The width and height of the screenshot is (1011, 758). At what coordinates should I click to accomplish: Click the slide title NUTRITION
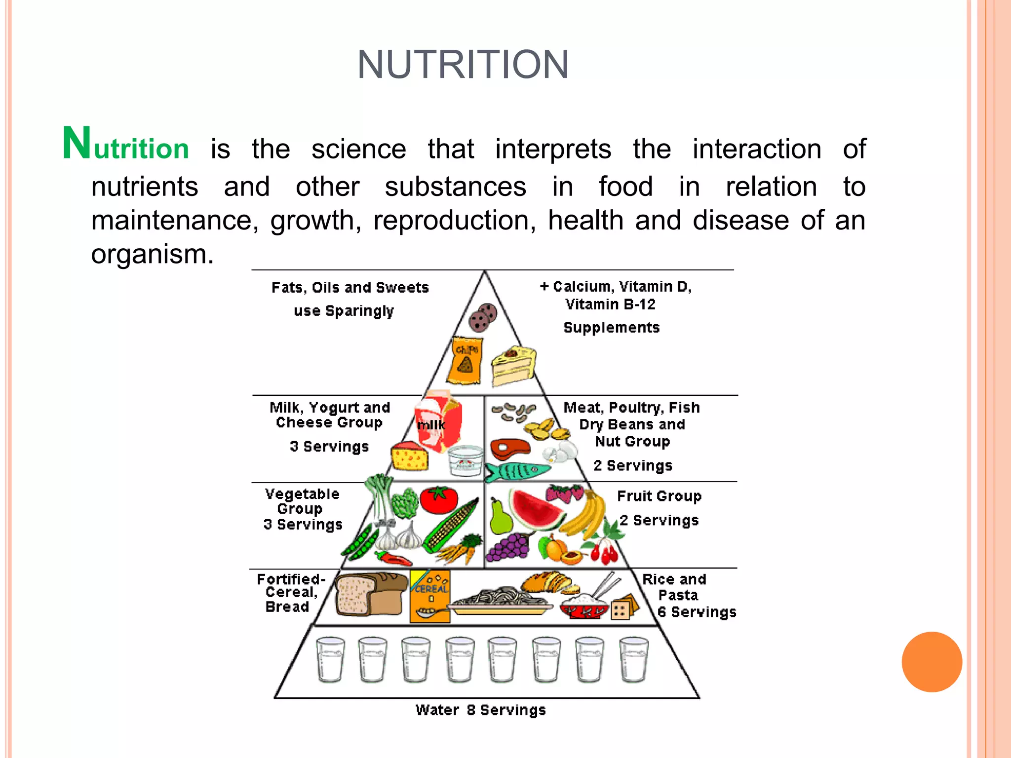click(x=463, y=65)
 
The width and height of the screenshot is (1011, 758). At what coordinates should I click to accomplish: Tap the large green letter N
click(x=77, y=144)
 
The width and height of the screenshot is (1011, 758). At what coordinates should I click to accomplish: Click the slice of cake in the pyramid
click(x=513, y=366)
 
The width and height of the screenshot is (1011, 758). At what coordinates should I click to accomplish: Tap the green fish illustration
click(x=516, y=471)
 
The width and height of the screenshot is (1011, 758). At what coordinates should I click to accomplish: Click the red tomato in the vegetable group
click(x=438, y=499)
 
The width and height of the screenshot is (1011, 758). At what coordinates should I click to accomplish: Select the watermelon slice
click(x=536, y=511)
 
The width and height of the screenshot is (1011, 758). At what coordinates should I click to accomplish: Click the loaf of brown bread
click(x=368, y=594)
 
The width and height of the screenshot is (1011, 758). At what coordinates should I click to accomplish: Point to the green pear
click(x=500, y=518)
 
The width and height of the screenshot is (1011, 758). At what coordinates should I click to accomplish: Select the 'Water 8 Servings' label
click(x=480, y=710)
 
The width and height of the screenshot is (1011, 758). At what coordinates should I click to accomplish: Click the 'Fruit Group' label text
click(x=659, y=496)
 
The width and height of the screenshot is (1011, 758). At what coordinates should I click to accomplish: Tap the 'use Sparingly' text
click(x=344, y=311)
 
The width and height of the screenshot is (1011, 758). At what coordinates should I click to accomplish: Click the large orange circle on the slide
click(x=932, y=662)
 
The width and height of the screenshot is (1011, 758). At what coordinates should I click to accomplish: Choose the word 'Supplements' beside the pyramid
click(x=611, y=328)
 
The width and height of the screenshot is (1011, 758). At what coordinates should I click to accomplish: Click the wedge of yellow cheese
click(x=410, y=456)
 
